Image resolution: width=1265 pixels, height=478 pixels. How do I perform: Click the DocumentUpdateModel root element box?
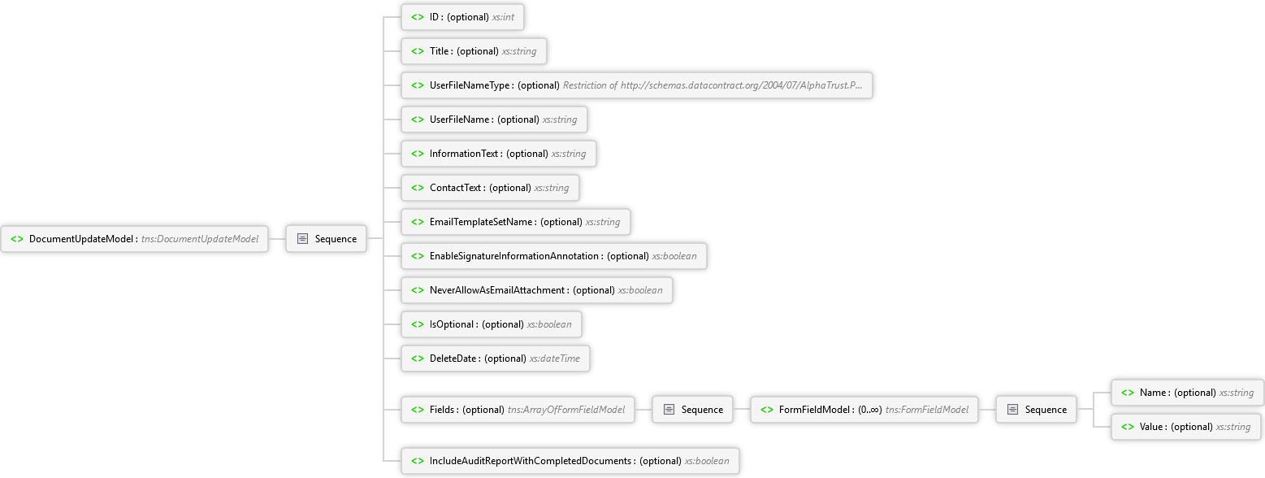[x=134, y=239]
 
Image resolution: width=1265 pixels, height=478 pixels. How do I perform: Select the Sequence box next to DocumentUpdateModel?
[x=327, y=239]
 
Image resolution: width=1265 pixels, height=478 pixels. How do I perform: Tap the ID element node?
[x=462, y=17]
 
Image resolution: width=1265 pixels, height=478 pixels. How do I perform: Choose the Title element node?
[x=474, y=51]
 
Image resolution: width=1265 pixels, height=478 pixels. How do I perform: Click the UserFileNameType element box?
[x=637, y=85]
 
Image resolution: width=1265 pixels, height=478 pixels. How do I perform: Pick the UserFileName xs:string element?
[x=494, y=119]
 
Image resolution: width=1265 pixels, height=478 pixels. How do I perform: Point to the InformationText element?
[x=499, y=154]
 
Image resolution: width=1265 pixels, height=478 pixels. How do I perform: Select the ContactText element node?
[x=490, y=188]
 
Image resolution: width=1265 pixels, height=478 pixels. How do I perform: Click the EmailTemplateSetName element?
[x=516, y=222]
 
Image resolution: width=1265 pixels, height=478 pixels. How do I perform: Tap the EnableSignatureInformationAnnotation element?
[x=554, y=256]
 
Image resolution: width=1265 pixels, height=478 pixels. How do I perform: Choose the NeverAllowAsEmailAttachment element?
[x=537, y=290]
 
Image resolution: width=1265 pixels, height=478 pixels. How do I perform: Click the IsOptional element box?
[x=492, y=324]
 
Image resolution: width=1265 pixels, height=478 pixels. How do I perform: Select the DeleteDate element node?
[x=496, y=358]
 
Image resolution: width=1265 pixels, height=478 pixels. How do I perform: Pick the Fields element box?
[x=518, y=410]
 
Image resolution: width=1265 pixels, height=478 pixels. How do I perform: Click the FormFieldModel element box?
[x=864, y=410]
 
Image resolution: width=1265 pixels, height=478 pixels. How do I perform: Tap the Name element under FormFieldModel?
[x=1187, y=393]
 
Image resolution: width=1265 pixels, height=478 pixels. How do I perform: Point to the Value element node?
[x=1186, y=427]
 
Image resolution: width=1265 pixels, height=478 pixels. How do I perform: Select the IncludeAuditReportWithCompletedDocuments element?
[x=570, y=461]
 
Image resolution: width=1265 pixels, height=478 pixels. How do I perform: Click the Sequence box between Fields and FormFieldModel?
[x=692, y=410]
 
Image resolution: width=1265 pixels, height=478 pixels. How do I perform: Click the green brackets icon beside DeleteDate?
[x=418, y=358]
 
